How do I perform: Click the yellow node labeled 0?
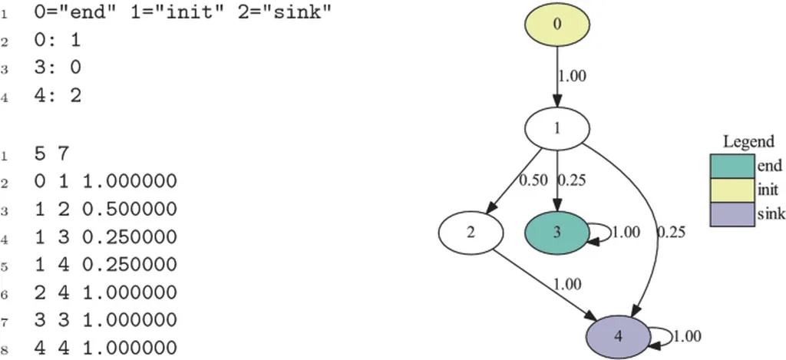point(556,23)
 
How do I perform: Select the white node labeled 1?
point(556,129)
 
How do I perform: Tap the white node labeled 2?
point(471,231)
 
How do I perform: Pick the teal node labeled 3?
point(556,231)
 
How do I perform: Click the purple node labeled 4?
point(619,335)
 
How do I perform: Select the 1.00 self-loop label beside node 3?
point(626,232)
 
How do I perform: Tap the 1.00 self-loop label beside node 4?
point(687,336)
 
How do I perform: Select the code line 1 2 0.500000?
point(105,210)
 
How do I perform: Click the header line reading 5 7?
point(52,154)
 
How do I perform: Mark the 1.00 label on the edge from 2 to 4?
point(566,284)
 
